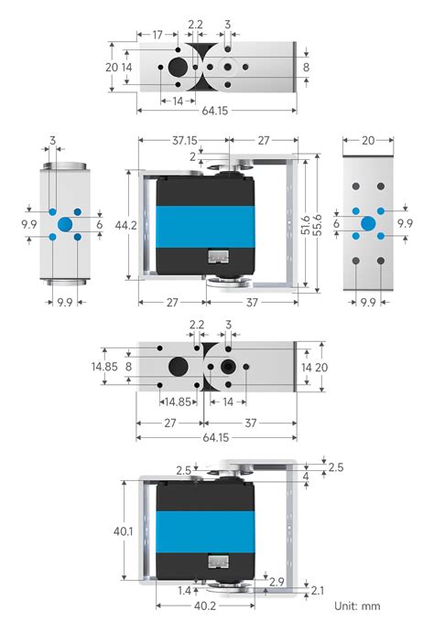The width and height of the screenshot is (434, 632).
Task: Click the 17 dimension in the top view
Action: [x=157, y=35]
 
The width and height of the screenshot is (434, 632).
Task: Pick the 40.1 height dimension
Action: [x=125, y=531]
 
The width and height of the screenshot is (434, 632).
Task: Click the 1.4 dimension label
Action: [x=184, y=592]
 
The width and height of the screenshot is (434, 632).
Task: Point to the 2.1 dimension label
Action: [x=317, y=590]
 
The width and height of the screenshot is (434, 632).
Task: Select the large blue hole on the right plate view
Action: [x=368, y=224]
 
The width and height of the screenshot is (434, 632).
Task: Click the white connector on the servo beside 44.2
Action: [x=218, y=259]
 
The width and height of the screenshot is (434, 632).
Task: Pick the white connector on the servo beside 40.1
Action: [x=218, y=564]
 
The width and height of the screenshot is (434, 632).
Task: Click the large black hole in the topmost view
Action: [x=178, y=68]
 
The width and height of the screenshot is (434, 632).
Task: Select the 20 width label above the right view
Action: [x=368, y=141]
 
